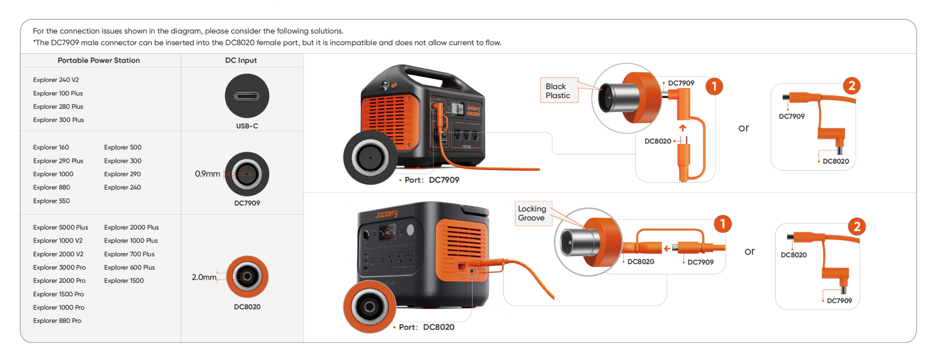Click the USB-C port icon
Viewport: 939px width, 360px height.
[x=247, y=96]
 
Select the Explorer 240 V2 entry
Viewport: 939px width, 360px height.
[x=56, y=80]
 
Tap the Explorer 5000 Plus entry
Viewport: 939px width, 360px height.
[x=61, y=227]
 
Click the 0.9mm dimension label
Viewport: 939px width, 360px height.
[x=207, y=174]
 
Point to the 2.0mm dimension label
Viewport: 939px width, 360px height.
[x=203, y=277]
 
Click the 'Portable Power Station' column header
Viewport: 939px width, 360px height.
[x=99, y=61]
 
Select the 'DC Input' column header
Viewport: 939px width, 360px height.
[x=241, y=61]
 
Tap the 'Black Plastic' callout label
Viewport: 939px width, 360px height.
[x=558, y=91]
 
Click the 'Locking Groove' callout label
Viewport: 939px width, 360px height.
[x=532, y=213]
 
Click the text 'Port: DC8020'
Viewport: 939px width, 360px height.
[x=426, y=327]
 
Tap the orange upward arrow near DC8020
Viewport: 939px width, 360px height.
[x=682, y=127]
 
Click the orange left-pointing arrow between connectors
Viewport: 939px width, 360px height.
[x=667, y=248]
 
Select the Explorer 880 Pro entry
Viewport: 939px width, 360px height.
[x=57, y=321]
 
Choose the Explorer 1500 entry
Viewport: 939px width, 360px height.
[x=124, y=281]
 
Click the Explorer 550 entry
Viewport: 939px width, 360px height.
[x=51, y=201]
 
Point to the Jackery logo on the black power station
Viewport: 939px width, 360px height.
[x=386, y=214]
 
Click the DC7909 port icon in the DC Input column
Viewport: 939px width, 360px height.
[x=247, y=174]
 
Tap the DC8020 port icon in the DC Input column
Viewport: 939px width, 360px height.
[x=247, y=277]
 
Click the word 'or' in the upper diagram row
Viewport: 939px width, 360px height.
[x=743, y=128]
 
